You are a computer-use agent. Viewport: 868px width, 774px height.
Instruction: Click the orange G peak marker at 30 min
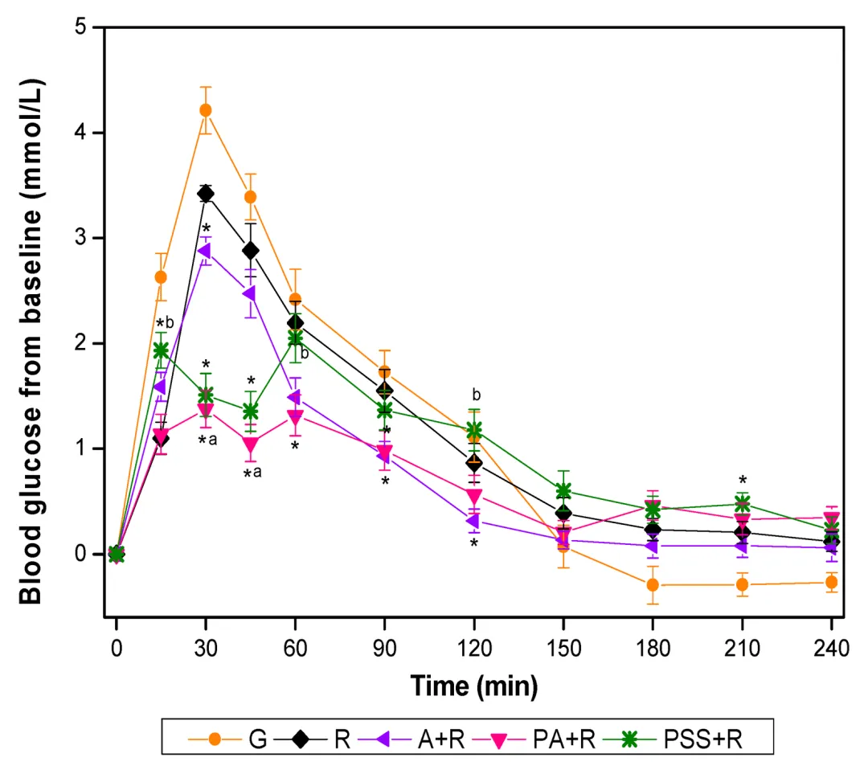click(206, 110)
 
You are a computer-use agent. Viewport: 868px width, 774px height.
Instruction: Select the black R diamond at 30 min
click(206, 194)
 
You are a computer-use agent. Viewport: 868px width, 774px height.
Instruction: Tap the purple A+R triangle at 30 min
click(205, 251)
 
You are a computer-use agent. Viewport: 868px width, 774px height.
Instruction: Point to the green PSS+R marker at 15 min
click(161, 350)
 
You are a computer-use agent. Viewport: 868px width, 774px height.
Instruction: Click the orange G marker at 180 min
click(653, 584)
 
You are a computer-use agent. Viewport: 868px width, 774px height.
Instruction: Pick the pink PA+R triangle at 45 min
click(251, 444)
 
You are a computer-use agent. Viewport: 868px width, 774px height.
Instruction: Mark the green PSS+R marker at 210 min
click(742, 504)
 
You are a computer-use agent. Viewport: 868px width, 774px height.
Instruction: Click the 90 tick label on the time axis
click(385, 647)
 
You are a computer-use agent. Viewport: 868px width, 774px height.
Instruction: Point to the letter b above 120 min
click(476, 395)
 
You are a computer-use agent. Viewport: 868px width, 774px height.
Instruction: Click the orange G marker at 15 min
click(161, 277)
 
